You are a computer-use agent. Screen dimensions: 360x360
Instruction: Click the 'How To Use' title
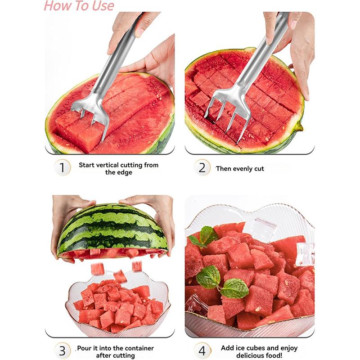coord(79,6)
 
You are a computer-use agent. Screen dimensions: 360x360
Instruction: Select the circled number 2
coord(202,168)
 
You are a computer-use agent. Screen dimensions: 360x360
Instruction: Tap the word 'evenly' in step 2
coord(242,169)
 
